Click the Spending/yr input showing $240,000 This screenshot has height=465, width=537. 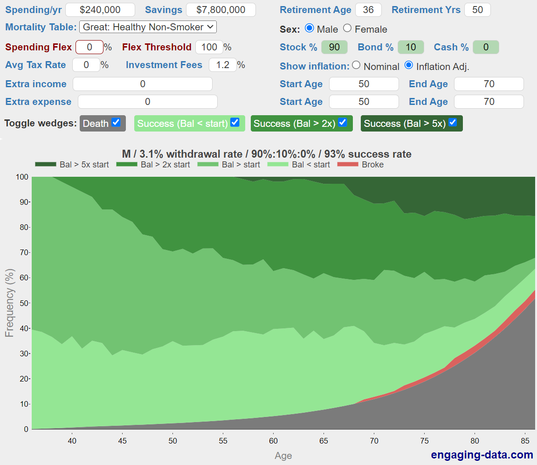100,10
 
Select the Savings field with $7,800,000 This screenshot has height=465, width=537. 220,10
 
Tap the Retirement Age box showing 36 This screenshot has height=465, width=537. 368,10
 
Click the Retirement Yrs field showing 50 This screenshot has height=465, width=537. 477,10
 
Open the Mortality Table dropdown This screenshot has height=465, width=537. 148,27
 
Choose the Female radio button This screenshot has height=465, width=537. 347,28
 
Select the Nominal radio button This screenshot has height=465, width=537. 356,65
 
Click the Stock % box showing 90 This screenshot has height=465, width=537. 334,47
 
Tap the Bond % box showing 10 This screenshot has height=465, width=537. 410,47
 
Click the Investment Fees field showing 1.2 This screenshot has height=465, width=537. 222,65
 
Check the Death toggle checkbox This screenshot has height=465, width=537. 116,123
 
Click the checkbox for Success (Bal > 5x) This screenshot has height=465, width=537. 453,123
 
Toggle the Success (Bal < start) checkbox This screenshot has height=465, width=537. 235,123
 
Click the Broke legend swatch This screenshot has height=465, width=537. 347,164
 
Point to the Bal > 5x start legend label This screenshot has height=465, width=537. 84,164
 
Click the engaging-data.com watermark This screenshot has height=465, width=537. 482,455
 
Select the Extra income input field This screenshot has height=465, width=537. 142,84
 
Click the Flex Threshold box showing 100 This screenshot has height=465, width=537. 209,47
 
